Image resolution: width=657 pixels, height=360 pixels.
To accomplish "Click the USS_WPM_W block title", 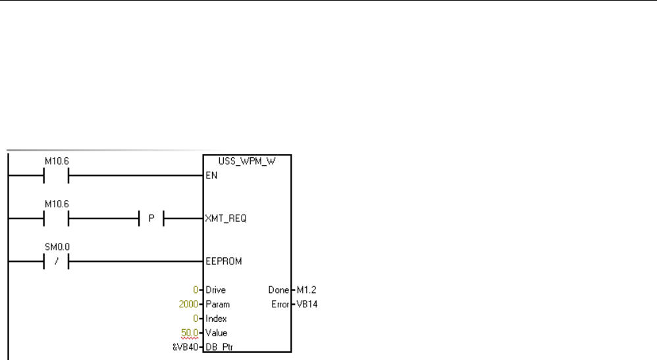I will click(x=247, y=161).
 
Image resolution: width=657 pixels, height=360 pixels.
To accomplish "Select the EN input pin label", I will click(x=211, y=176).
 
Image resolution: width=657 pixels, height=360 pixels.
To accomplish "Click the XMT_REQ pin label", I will click(x=226, y=219).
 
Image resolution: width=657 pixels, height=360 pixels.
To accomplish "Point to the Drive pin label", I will click(x=216, y=290).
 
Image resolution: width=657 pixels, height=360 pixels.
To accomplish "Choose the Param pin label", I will click(x=217, y=305).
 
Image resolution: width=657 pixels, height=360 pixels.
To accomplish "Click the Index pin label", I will click(x=216, y=319).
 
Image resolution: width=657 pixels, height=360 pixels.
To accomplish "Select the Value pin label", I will click(x=216, y=333).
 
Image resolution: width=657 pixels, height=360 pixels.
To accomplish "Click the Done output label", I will click(x=278, y=290).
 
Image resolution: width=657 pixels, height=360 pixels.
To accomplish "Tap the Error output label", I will click(x=279, y=305).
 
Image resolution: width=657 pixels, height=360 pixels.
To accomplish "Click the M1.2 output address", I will click(x=305, y=290).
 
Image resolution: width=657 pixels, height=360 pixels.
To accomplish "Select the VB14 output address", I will click(x=306, y=305).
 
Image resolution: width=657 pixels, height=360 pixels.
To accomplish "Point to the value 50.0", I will click(x=190, y=333).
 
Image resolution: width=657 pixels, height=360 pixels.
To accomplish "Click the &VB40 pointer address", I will click(x=185, y=347).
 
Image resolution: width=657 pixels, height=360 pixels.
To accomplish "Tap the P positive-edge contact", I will click(x=151, y=219).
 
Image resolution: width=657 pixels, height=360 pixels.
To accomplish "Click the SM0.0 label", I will click(x=55, y=247).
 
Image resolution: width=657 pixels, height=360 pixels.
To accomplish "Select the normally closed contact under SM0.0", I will click(x=55, y=261).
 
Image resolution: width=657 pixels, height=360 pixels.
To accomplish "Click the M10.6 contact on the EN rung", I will click(x=55, y=176).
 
